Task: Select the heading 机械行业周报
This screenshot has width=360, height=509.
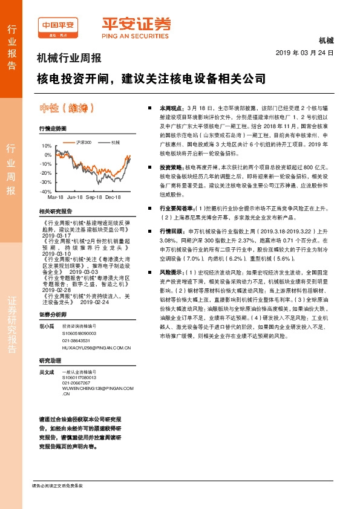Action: click(70, 59)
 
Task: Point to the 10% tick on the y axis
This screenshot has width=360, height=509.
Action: click(47, 146)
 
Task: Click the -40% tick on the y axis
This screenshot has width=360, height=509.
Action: click(46, 191)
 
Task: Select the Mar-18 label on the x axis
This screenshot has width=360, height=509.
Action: click(56, 198)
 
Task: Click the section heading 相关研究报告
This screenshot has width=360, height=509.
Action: click(55, 211)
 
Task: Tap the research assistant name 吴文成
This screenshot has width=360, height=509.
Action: click(47, 372)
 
